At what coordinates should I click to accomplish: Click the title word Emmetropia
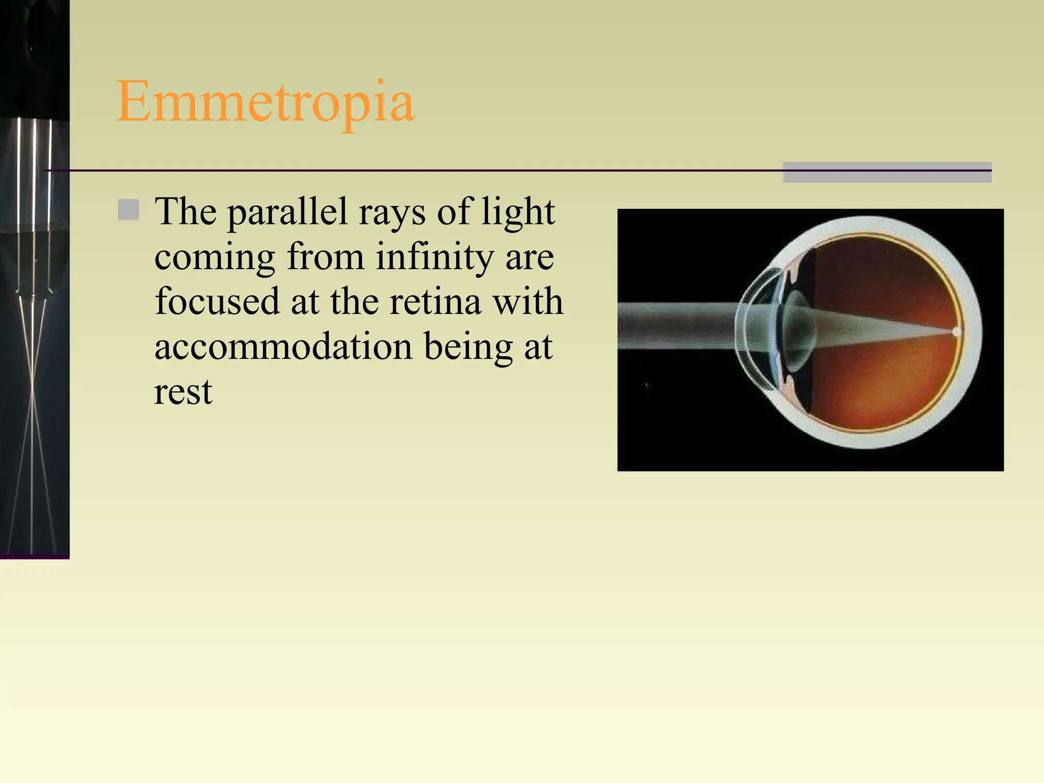point(265,102)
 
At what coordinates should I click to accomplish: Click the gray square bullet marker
point(128,210)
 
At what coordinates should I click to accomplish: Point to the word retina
point(435,302)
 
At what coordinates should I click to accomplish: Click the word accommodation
point(283,347)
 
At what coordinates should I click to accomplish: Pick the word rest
point(183,392)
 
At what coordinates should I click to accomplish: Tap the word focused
point(217,302)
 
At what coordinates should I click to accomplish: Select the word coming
point(215,257)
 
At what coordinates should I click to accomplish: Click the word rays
point(391,213)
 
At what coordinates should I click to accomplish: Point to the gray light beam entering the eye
point(673,326)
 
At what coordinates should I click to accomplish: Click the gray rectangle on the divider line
point(887,172)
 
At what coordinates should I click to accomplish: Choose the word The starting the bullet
point(186,212)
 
